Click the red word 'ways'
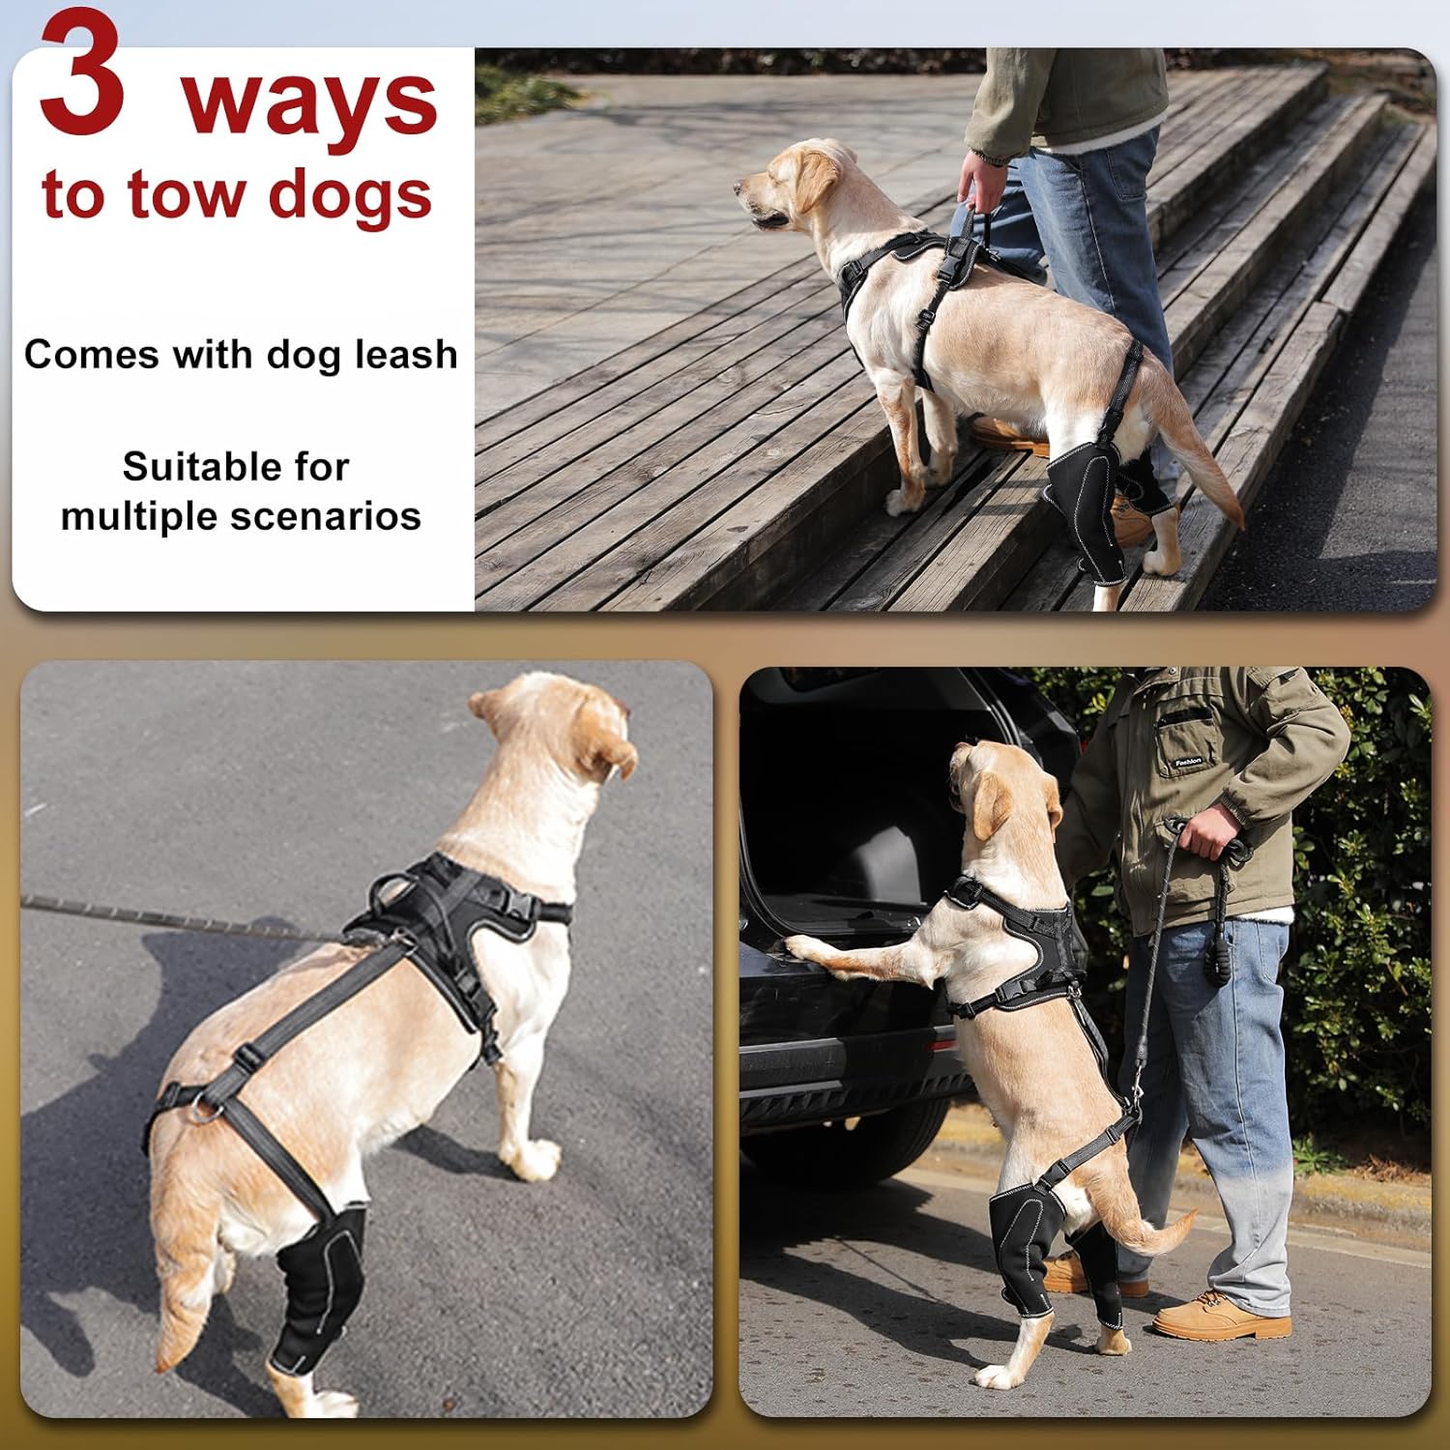tap(309, 104)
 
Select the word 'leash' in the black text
tap(405, 355)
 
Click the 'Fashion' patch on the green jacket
tap(1187, 762)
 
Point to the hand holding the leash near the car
tap(1213, 831)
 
